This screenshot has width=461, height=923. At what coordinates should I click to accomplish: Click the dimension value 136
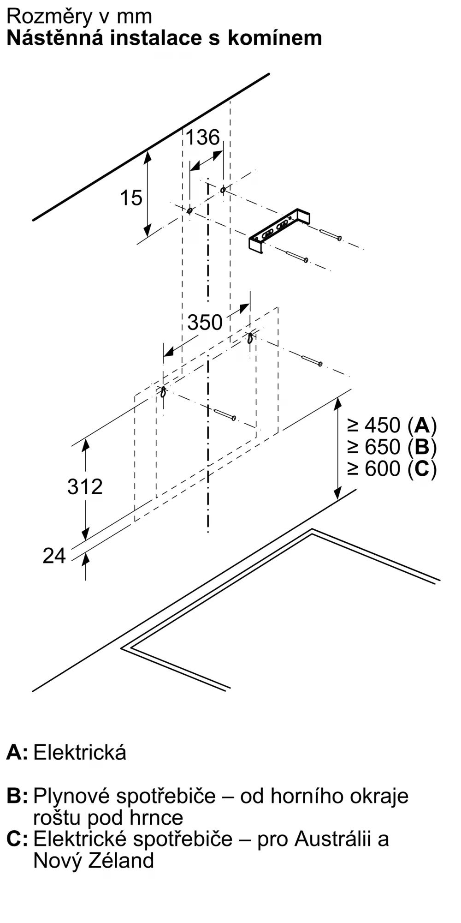[202, 138]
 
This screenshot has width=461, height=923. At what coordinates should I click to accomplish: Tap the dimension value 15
[131, 198]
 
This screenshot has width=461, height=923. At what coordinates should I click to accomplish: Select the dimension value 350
[205, 322]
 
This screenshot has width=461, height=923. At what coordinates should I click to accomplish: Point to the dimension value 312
[85, 486]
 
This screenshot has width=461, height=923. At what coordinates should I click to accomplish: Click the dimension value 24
[54, 556]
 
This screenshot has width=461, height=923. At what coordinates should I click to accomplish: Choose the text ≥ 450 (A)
[392, 425]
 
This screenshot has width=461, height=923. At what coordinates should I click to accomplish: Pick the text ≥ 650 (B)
[392, 446]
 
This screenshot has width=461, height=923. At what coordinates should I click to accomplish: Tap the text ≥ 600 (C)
[392, 468]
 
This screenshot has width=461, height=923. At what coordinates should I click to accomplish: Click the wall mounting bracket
[279, 231]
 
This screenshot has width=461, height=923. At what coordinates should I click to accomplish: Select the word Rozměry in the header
[50, 17]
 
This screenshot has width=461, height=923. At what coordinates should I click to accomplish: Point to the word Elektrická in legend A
[80, 752]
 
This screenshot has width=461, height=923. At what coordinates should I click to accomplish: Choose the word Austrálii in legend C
[333, 838]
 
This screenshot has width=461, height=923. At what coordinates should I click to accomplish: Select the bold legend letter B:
[17, 796]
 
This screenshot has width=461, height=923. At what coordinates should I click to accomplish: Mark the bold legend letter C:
[17, 838]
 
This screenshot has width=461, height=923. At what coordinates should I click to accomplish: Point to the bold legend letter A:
[17, 752]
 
